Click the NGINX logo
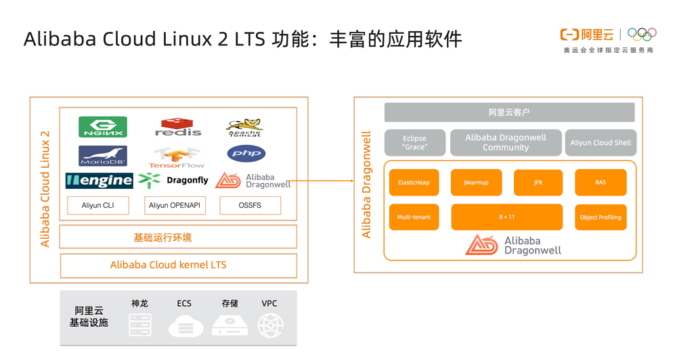(102, 127)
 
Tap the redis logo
(178, 127)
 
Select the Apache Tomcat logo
(244, 127)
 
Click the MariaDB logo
(102, 156)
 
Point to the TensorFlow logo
(177, 157)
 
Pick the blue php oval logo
(246, 154)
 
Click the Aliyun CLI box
(98, 205)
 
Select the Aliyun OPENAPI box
(175, 205)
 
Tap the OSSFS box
(250, 205)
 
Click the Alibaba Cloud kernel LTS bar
(178, 265)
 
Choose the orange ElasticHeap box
(414, 183)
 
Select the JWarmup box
(476, 183)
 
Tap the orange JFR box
(538, 183)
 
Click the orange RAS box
(600, 183)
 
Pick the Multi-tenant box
(414, 217)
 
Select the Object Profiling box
(600, 217)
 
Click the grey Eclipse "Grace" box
(414, 143)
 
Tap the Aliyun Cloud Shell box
(600, 143)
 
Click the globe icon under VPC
(270, 325)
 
